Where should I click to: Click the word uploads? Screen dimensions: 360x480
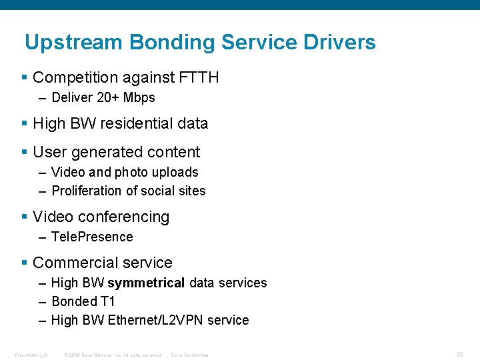[176, 172]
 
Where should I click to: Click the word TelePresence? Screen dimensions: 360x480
[92, 237]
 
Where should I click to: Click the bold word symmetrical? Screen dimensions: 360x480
[146, 283]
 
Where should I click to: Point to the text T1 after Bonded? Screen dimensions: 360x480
[107, 301]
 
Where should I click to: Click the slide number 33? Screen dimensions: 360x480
[460, 355]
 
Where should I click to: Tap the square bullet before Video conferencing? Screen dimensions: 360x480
[25, 217]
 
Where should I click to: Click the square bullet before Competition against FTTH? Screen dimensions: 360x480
[25, 77]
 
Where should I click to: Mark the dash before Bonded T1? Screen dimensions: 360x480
[43, 301]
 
